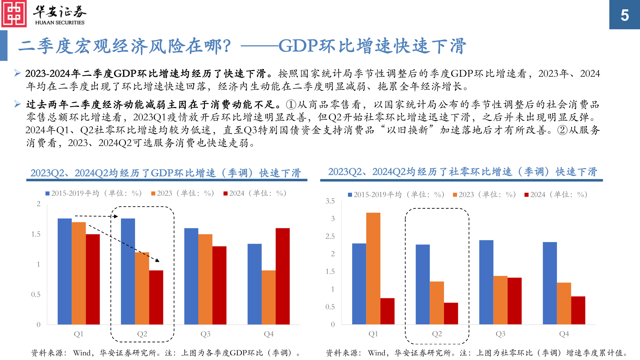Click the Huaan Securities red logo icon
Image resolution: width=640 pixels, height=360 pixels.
[14, 14]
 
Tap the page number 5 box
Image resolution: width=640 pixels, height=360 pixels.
[624, 15]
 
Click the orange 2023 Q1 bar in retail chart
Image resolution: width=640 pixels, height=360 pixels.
[373, 268]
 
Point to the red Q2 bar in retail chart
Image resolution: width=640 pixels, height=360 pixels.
[451, 313]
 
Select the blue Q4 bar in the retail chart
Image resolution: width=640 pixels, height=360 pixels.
[550, 283]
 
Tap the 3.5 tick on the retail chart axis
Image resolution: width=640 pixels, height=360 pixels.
[330, 201]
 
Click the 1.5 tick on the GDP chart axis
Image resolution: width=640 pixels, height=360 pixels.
[36, 234]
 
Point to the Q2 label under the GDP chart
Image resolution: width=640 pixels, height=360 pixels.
[142, 334]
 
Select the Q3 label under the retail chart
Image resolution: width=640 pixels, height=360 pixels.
[500, 334]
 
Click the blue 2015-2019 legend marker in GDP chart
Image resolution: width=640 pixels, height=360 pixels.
[48, 193]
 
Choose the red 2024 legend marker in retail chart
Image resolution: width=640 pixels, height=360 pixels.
[526, 195]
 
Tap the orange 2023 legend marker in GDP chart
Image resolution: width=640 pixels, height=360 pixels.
[153, 193]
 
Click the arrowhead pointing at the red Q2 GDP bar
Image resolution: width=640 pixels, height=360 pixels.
[157, 260]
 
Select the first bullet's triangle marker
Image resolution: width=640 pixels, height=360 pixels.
[18, 73]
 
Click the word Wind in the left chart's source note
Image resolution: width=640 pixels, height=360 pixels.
[82, 353]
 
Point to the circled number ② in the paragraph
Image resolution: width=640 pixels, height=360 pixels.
[562, 130]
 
